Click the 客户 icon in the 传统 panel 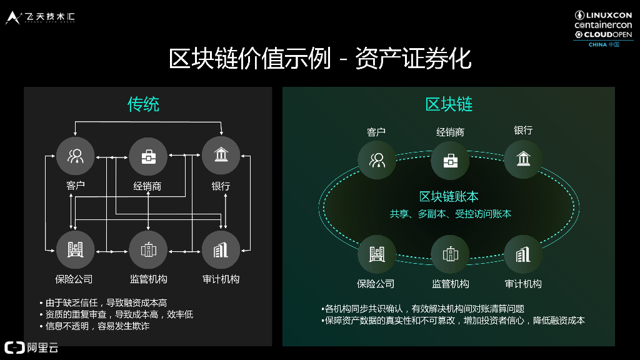pyautogui.click(x=76, y=156)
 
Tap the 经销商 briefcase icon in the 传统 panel pyautogui.click(x=148, y=156)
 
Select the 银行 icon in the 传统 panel pyautogui.click(x=221, y=156)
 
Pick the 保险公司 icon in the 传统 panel pyautogui.click(x=76, y=250)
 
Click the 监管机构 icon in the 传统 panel pyautogui.click(x=148, y=250)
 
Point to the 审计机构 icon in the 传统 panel pyautogui.click(x=221, y=250)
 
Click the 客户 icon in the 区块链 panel pyautogui.click(x=377, y=160)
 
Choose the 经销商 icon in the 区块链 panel pyautogui.click(x=450, y=160)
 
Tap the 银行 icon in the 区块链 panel pyautogui.click(x=523, y=159)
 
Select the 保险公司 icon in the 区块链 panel pyautogui.click(x=377, y=254)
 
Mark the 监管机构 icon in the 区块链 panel pyautogui.click(x=450, y=254)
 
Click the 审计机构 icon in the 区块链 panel pyautogui.click(x=523, y=254)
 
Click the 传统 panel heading pyautogui.click(x=143, y=104)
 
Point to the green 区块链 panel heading pyautogui.click(x=449, y=104)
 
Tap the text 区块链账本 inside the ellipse pyautogui.click(x=449, y=197)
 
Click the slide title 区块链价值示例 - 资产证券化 pyautogui.click(x=319, y=59)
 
